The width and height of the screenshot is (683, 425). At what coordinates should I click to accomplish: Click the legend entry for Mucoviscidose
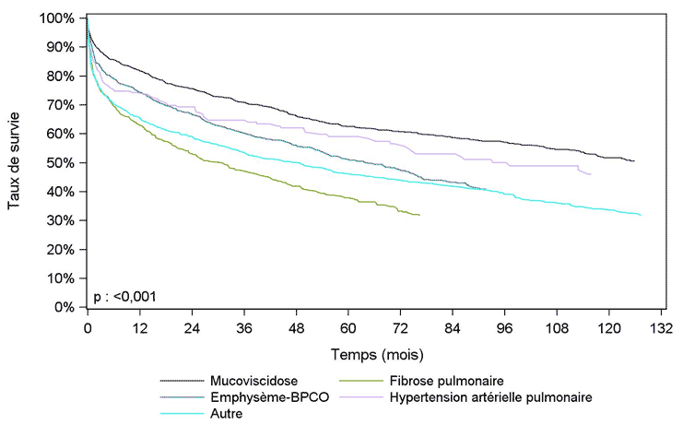point(248,380)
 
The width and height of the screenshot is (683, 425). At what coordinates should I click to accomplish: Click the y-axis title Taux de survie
point(14,162)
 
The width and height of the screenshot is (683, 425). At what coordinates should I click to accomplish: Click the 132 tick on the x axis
point(661,327)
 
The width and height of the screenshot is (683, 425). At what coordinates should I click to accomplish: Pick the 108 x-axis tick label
point(557,327)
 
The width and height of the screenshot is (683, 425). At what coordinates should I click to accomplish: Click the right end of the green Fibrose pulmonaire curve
point(420,215)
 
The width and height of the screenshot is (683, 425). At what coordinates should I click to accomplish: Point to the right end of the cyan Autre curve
point(640,215)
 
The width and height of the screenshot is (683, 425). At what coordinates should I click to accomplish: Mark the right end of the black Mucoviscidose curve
point(634,161)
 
